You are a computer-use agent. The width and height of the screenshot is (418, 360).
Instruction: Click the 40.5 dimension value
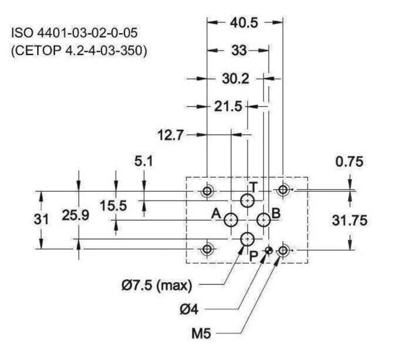[244, 23]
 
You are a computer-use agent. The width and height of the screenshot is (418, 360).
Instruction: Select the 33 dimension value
[239, 50]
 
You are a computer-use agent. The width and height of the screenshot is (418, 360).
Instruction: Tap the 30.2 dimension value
[236, 79]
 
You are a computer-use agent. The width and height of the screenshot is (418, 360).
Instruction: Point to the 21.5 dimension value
[228, 106]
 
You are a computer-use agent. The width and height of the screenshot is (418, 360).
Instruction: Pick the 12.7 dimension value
[170, 135]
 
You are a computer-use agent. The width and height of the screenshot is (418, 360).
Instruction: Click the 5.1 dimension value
[143, 161]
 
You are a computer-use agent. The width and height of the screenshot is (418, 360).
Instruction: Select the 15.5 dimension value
[113, 206]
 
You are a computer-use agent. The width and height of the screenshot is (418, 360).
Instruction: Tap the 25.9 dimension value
[75, 215]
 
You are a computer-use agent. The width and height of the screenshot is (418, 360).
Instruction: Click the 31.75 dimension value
[349, 221]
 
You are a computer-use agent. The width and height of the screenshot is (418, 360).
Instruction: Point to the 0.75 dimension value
[349, 161]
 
